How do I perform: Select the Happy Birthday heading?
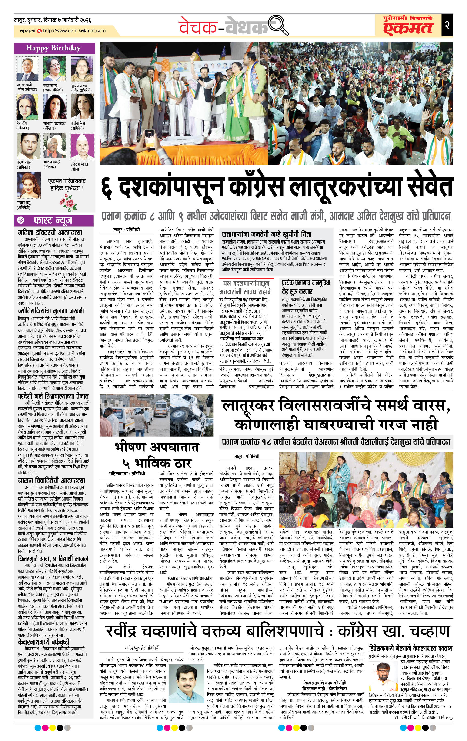click(53, 48)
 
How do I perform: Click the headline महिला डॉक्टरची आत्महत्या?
click(50, 232)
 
